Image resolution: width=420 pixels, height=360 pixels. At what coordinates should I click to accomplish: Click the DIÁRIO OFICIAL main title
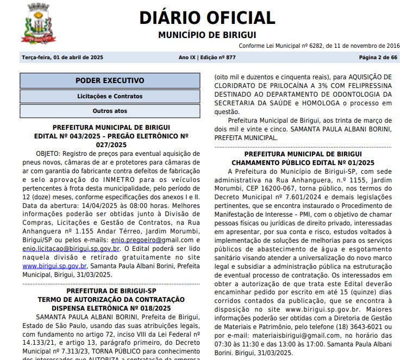tap(207, 17)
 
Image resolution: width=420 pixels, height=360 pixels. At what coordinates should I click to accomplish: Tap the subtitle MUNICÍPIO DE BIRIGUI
tap(207, 35)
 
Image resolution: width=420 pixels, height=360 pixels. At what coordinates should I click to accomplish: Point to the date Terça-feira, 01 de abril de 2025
tap(62, 58)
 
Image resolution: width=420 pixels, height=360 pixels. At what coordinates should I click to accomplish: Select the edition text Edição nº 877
tap(217, 58)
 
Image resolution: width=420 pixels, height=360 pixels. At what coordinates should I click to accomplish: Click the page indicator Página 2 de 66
tap(378, 58)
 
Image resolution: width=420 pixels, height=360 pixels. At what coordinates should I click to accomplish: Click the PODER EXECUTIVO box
tap(110, 81)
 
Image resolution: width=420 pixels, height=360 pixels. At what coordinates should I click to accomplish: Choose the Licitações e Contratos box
tap(110, 97)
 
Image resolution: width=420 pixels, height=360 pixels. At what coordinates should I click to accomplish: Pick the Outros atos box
tap(110, 111)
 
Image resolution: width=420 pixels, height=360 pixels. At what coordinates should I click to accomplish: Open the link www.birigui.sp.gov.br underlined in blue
tap(54, 266)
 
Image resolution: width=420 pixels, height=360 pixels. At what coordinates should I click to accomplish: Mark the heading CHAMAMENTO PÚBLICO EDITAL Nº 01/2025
tap(303, 162)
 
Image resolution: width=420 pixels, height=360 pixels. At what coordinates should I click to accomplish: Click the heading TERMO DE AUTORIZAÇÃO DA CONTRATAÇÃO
tap(111, 300)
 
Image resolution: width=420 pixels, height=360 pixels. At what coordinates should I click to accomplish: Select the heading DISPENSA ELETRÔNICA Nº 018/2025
tap(111, 308)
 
